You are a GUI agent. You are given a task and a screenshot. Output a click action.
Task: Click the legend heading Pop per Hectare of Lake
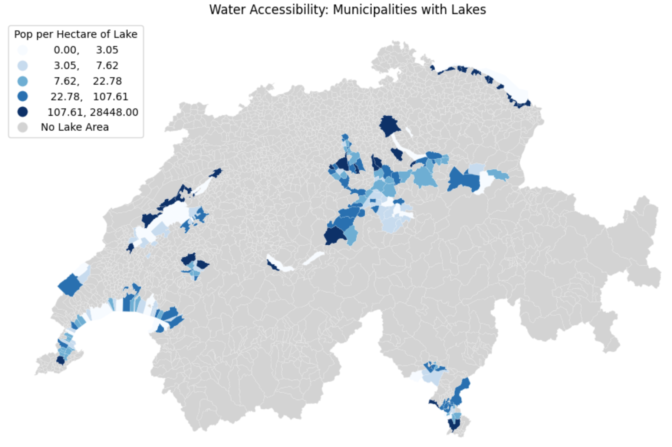click(x=76, y=34)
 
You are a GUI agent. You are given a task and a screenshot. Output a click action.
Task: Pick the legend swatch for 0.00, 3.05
click(x=23, y=50)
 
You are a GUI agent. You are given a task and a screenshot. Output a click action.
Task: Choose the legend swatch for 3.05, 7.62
click(x=23, y=65)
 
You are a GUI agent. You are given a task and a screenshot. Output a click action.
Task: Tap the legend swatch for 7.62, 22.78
click(x=23, y=81)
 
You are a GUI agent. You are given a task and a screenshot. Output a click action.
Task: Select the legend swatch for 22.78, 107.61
click(x=23, y=97)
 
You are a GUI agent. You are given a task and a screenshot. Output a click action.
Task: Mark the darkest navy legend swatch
click(x=23, y=112)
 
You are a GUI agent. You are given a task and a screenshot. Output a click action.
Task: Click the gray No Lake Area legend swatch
click(x=23, y=127)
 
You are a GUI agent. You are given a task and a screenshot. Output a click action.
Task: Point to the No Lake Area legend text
click(x=75, y=127)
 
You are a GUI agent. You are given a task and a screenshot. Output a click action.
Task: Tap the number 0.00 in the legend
click(x=66, y=50)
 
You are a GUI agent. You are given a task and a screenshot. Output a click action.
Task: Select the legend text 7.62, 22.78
click(x=88, y=81)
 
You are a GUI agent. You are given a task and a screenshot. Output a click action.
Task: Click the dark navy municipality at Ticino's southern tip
click(x=453, y=424)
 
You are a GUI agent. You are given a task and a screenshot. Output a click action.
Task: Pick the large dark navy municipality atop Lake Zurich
click(x=390, y=125)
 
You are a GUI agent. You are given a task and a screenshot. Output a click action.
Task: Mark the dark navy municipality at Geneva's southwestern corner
click(x=60, y=360)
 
